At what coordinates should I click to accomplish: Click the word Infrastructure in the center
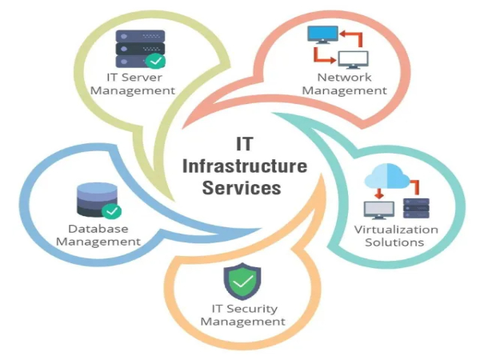click(x=245, y=166)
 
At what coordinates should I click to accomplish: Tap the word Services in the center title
click(x=242, y=188)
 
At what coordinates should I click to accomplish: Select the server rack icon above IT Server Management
click(x=141, y=49)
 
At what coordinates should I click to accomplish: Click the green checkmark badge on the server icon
click(x=155, y=61)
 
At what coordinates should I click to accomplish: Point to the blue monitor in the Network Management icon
click(x=322, y=34)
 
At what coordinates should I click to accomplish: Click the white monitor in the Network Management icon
click(x=354, y=60)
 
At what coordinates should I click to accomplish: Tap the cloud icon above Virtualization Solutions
click(x=387, y=176)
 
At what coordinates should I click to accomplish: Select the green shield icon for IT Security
click(x=242, y=282)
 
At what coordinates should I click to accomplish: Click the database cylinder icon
click(x=97, y=199)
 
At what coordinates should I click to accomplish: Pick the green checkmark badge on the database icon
click(x=111, y=211)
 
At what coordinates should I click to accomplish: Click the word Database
click(x=98, y=229)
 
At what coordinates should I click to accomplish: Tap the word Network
click(x=344, y=77)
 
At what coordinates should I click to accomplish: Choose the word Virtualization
click(x=396, y=230)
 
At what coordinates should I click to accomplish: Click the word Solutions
click(x=394, y=242)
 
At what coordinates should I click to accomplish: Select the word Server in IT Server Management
click(x=142, y=78)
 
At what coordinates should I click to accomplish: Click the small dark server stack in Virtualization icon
click(x=416, y=208)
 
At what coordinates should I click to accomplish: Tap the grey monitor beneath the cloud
click(x=379, y=210)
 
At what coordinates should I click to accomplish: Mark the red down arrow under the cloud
click(x=379, y=194)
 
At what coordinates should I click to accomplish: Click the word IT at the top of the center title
click(x=245, y=144)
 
